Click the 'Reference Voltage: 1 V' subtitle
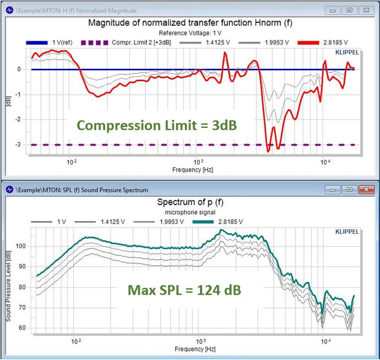click(x=190, y=32)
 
